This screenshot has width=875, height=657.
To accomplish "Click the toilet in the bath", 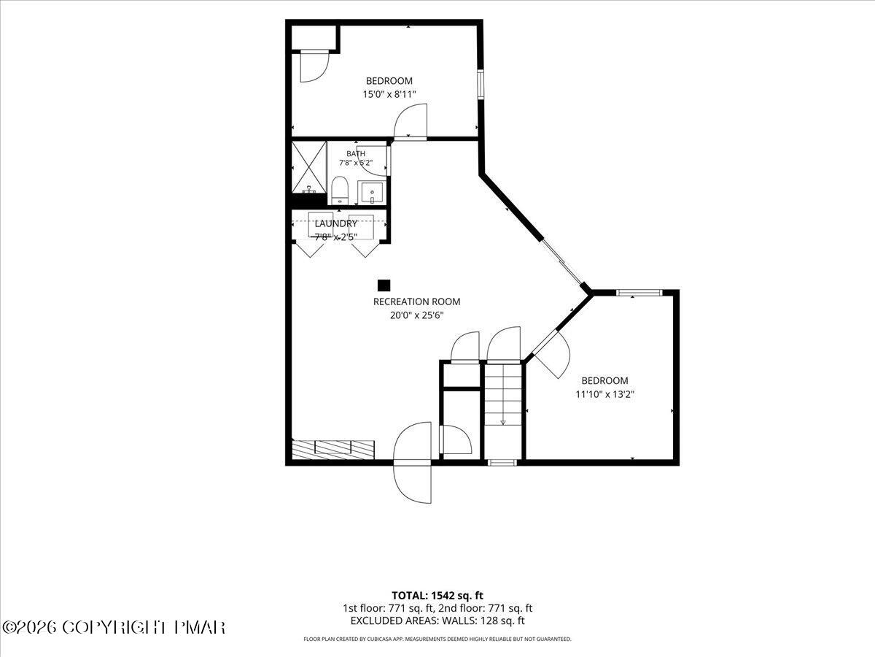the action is click(x=340, y=190).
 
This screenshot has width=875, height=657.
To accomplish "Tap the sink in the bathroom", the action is click(x=372, y=193).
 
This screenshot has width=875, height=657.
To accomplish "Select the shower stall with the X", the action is click(x=309, y=167).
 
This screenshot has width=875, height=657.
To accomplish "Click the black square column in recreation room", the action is click(x=384, y=285).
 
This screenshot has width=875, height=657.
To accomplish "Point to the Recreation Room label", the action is click(x=416, y=301).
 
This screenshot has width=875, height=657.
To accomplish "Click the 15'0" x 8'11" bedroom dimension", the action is click(x=389, y=95).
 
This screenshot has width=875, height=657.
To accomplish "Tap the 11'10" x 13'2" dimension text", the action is click(x=604, y=394).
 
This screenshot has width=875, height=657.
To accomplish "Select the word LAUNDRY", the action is click(x=336, y=223).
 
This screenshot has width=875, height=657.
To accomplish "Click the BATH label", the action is click(x=356, y=153).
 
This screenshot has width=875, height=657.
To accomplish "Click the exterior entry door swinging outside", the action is click(x=413, y=483).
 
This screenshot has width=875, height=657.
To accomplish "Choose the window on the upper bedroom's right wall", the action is click(x=481, y=84).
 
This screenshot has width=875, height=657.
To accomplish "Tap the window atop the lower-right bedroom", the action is click(x=639, y=293).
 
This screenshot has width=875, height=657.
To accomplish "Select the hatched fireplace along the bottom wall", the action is click(x=333, y=450).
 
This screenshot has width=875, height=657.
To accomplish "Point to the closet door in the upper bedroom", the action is click(x=314, y=66).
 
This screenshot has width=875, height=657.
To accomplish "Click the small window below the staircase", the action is click(x=502, y=463).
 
